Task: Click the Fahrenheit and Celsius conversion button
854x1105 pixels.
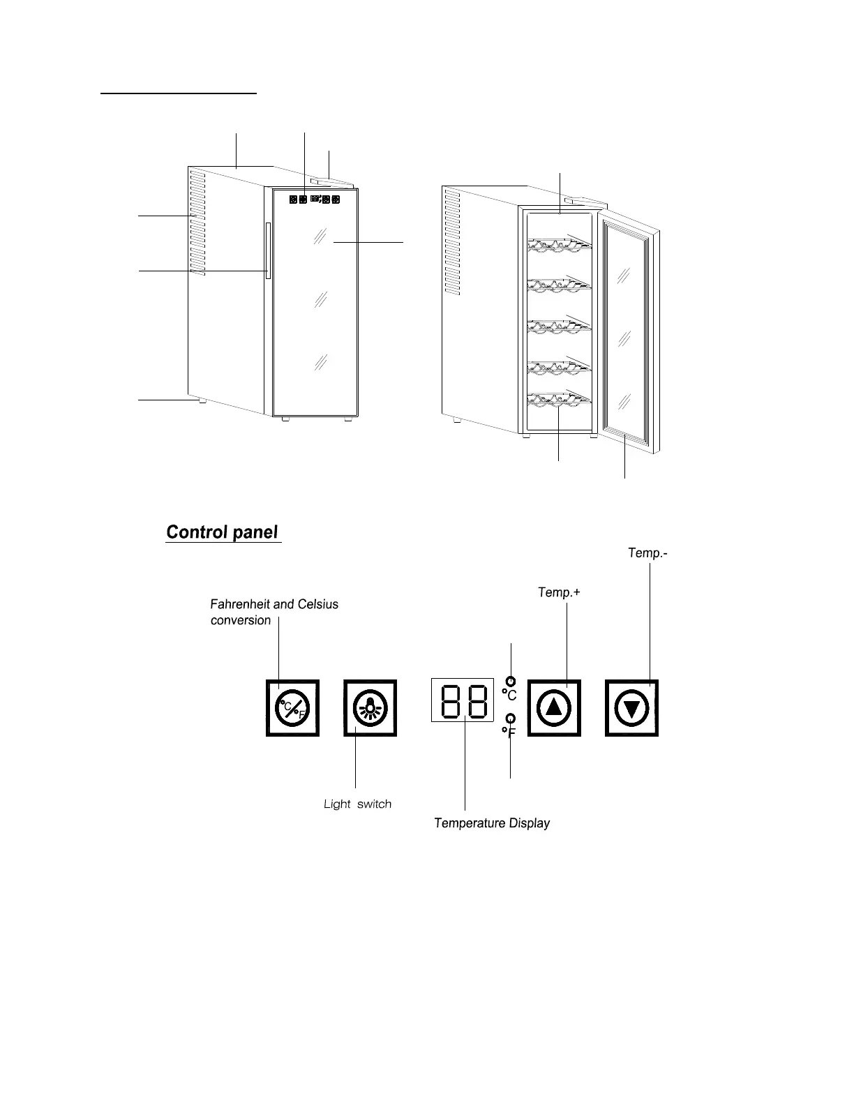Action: (x=292, y=708)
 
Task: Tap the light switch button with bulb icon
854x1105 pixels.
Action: (x=370, y=708)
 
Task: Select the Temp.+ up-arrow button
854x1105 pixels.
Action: (x=554, y=708)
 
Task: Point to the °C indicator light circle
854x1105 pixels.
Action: (x=511, y=681)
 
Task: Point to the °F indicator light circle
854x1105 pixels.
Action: (x=511, y=718)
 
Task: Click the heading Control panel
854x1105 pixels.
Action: (x=222, y=533)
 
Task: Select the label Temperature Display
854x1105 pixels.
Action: (x=492, y=823)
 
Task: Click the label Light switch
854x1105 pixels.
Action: (x=357, y=804)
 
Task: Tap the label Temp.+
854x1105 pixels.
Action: (x=559, y=592)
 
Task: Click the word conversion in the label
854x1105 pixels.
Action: (x=241, y=620)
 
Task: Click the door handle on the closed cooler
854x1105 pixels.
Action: (x=267, y=251)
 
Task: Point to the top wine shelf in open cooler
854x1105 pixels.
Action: (x=560, y=242)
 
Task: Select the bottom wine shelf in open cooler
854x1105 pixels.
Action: (x=560, y=400)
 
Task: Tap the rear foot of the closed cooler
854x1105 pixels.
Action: (x=200, y=402)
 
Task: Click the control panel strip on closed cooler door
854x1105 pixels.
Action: (x=314, y=200)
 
